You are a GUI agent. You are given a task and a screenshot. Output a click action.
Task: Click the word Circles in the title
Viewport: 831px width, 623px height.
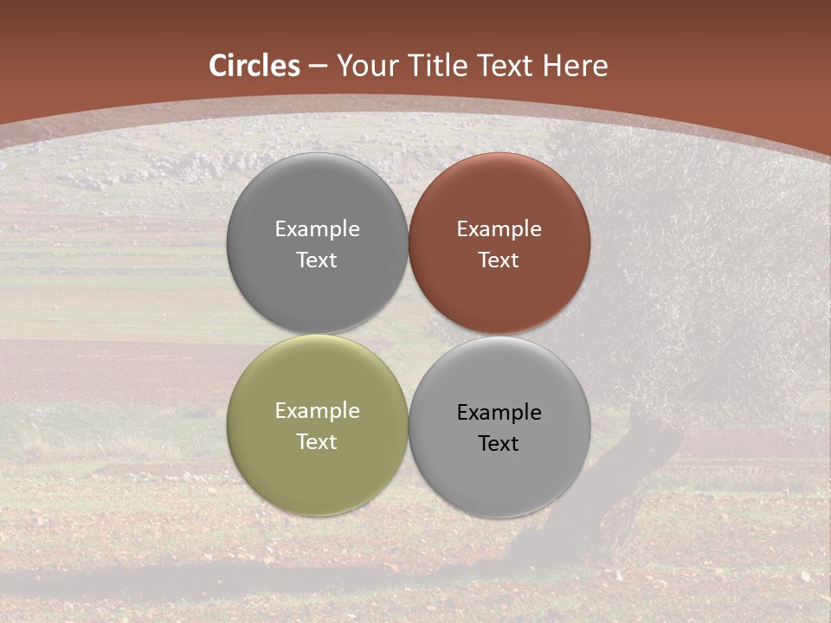[x=254, y=66]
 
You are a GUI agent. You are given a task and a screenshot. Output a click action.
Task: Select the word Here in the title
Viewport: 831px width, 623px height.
[x=577, y=66]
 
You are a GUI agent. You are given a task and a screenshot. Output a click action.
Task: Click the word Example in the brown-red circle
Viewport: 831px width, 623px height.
[x=499, y=228]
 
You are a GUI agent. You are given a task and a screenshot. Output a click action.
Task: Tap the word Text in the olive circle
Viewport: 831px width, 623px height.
[x=317, y=441]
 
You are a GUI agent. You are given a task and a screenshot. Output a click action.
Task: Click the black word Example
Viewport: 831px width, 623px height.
[x=499, y=412]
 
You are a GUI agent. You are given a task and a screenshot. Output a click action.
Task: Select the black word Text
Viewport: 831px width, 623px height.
[x=499, y=443]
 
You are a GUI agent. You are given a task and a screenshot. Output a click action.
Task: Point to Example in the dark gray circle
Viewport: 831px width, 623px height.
[x=317, y=228]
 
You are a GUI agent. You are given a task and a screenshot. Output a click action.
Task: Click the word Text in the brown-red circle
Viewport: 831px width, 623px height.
[x=499, y=260]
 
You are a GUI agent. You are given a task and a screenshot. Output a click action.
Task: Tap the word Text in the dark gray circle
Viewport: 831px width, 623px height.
[x=317, y=260]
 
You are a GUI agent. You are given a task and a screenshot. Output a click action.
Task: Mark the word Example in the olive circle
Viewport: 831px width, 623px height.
[x=317, y=410]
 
